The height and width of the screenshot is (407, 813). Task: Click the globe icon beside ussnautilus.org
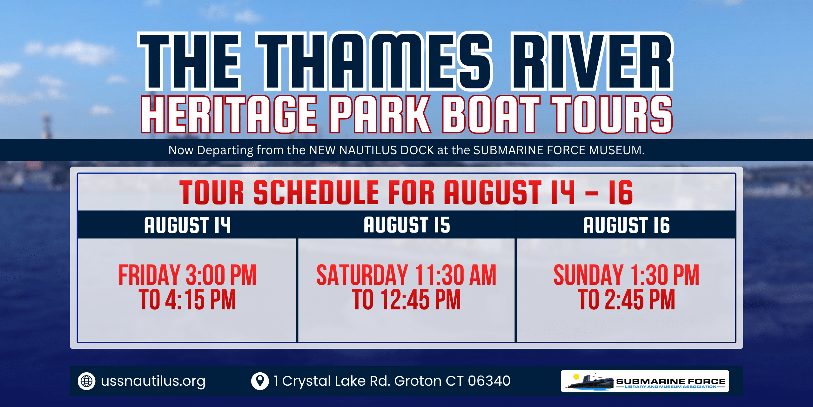[x=86, y=381]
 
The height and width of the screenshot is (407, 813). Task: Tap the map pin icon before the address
[x=260, y=381]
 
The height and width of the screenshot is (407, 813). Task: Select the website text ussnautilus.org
[x=153, y=381]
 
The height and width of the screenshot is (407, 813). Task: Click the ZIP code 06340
[x=489, y=381]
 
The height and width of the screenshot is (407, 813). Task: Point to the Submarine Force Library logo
[x=645, y=381]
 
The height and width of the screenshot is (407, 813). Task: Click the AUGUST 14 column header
[x=187, y=225]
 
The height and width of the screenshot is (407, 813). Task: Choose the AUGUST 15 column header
[x=407, y=225]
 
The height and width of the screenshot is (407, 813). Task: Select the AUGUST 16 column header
[x=627, y=225]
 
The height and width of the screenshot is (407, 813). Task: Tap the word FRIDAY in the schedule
[x=150, y=275]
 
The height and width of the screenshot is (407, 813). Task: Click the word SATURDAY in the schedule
[x=362, y=275]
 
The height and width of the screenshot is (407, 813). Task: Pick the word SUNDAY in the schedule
[x=588, y=275]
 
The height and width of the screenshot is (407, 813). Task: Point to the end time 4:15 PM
[x=201, y=300]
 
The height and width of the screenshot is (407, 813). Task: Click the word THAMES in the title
[x=375, y=61]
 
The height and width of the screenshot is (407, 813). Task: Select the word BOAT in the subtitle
[x=491, y=114]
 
